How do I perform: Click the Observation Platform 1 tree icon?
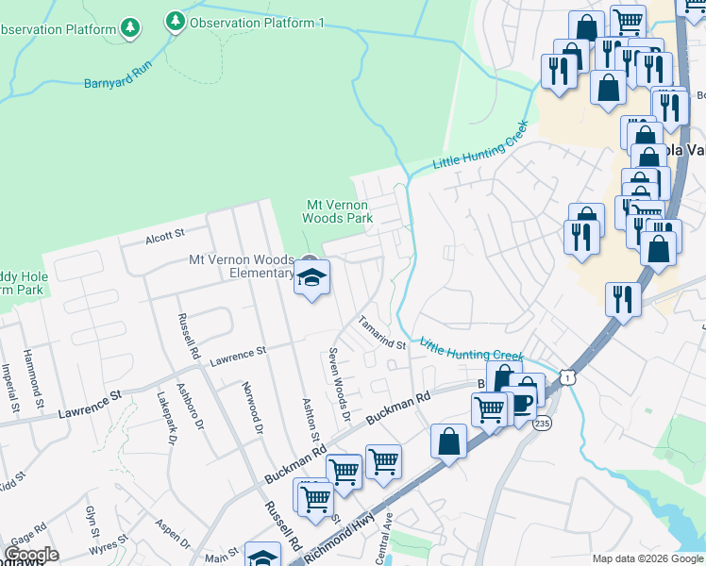point(175,21)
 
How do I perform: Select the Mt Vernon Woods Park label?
point(337,210)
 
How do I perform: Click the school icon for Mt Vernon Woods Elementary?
point(311,277)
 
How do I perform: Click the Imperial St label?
point(11,391)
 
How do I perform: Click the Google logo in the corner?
point(31,556)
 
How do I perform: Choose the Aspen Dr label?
point(173,535)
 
